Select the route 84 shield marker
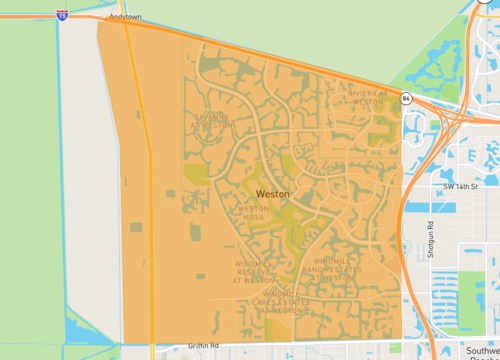(406, 98)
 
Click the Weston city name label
(273, 193)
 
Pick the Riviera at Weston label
(366, 97)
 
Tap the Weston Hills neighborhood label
(253, 213)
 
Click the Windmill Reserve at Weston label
(254, 272)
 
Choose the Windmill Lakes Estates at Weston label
(270, 302)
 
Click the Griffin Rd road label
(202, 346)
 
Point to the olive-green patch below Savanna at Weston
(195, 173)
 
